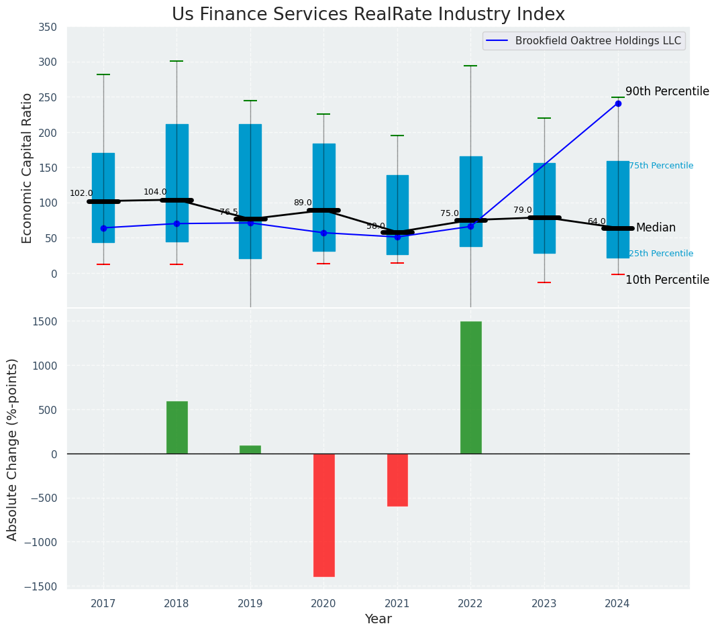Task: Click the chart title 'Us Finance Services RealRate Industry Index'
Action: (x=368, y=15)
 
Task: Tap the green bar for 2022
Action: (x=470, y=387)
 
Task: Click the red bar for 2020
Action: (x=323, y=515)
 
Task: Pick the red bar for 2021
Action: (x=397, y=480)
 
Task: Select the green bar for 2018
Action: (x=177, y=427)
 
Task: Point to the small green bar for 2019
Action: (x=250, y=450)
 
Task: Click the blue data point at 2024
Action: (x=618, y=103)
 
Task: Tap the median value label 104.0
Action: (x=155, y=192)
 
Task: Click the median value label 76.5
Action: (x=229, y=212)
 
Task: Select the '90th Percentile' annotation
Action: (x=667, y=91)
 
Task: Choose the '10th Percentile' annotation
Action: (x=667, y=280)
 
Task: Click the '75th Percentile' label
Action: (x=661, y=166)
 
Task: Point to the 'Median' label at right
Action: (x=656, y=228)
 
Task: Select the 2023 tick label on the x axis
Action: (x=544, y=604)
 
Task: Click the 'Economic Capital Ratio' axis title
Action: (x=28, y=168)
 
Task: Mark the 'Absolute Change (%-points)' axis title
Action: (x=13, y=449)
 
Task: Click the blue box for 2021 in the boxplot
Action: (x=397, y=215)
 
